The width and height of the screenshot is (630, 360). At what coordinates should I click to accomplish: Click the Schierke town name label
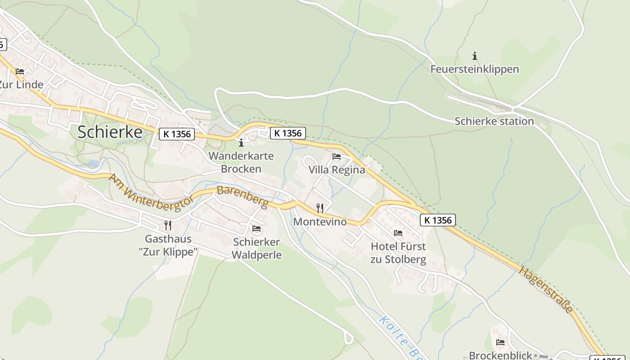click(x=110, y=132)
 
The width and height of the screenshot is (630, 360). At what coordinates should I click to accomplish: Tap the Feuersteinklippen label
click(x=474, y=69)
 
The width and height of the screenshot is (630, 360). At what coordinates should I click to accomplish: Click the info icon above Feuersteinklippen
click(x=474, y=56)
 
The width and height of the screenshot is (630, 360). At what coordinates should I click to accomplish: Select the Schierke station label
click(x=494, y=121)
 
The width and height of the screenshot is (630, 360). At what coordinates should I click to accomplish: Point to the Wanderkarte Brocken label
click(x=241, y=162)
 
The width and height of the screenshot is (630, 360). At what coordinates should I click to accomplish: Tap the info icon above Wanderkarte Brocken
click(x=241, y=143)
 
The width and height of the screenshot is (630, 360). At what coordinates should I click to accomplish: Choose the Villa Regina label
click(x=337, y=170)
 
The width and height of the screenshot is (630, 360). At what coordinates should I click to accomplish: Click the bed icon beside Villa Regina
click(x=337, y=157)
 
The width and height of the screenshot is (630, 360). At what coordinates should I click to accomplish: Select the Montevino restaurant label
click(x=320, y=221)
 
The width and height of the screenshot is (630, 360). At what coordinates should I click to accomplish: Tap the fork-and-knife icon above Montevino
click(x=320, y=208)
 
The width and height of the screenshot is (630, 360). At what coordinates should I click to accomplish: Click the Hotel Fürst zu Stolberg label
click(x=398, y=253)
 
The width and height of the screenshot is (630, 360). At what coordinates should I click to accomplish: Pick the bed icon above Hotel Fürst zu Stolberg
click(x=398, y=233)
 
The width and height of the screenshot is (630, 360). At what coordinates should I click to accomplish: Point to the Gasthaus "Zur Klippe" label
click(x=168, y=245)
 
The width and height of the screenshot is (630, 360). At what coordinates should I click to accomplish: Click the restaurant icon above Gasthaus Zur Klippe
click(x=168, y=225)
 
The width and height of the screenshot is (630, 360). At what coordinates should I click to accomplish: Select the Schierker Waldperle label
click(x=256, y=248)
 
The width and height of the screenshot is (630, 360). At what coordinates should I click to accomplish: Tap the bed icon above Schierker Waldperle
click(x=256, y=229)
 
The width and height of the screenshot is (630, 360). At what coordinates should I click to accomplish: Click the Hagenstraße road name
click(x=546, y=289)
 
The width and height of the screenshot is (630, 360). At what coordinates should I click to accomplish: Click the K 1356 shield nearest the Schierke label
click(x=176, y=134)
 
